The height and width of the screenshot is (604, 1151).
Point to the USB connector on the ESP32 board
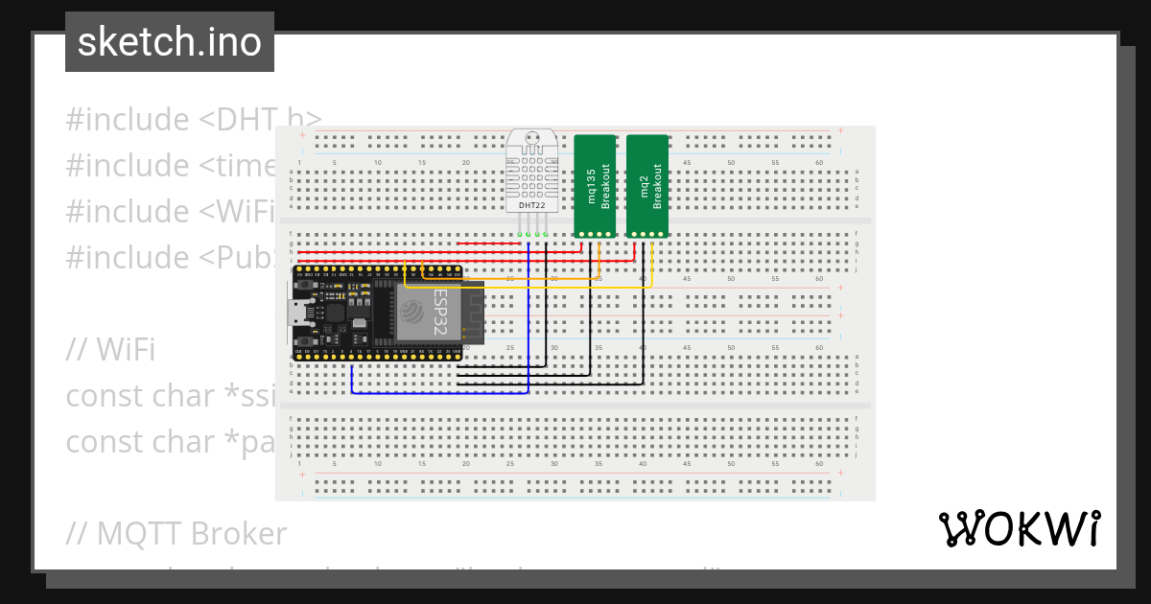pyautogui.click(x=301, y=313)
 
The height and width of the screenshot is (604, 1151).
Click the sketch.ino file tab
pyautogui.click(x=170, y=42)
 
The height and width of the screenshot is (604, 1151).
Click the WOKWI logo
pyautogui.click(x=1019, y=529)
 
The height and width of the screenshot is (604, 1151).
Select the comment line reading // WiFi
pyautogui.click(x=110, y=350)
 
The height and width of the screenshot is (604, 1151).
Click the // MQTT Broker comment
pyautogui.click(x=176, y=533)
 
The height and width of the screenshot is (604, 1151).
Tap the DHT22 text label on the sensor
pyautogui.click(x=530, y=205)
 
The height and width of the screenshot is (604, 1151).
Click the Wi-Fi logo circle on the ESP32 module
pyautogui.click(x=412, y=310)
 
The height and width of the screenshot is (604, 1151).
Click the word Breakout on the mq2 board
pyautogui.click(x=658, y=186)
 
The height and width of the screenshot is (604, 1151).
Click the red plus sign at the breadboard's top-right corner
pyautogui.click(x=841, y=130)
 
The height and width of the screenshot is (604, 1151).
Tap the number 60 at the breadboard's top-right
pyautogui.click(x=820, y=162)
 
